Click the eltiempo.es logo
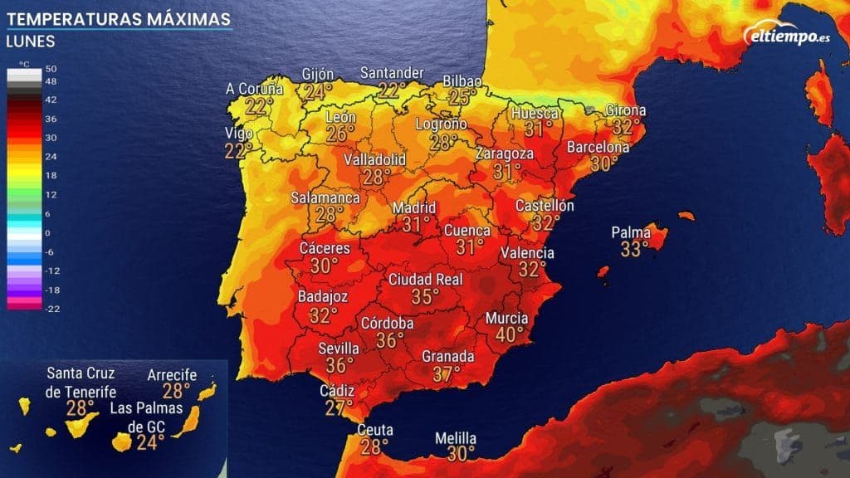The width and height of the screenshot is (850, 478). [789, 36]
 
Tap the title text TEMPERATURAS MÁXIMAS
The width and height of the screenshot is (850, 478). [118, 17]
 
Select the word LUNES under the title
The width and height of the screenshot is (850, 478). [30, 41]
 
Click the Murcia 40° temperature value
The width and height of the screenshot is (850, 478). [510, 334]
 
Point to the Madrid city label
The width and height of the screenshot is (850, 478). [413, 207]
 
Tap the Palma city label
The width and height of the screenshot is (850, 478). [631, 232]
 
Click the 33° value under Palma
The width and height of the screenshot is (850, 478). [634, 249]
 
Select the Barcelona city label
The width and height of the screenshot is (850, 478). [598, 148]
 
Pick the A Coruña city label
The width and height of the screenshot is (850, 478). [255, 89]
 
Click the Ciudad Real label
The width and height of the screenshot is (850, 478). [425, 280]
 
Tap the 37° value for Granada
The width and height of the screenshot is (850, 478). [447, 373]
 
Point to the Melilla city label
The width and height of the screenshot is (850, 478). [457, 438]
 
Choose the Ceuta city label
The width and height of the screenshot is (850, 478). [374, 430]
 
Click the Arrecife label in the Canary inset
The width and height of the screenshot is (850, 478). [172, 375]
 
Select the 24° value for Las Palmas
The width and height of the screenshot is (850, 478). [150, 441]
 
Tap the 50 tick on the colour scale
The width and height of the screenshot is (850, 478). [51, 69]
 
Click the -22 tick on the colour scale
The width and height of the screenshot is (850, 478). [51, 309]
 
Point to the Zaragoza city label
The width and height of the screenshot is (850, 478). [505, 154]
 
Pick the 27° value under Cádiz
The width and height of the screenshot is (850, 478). [340, 407]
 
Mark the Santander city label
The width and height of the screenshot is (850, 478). [392, 73]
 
